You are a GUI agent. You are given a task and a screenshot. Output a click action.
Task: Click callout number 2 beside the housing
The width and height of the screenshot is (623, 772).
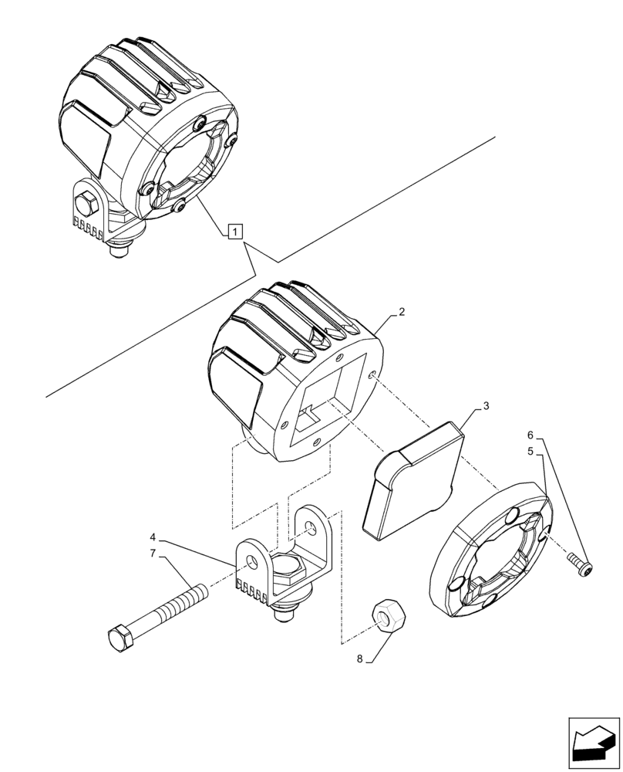pyautogui.click(x=401, y=313)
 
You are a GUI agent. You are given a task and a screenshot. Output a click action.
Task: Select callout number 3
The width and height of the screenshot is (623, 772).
pyautogui.click(x=486, y=405)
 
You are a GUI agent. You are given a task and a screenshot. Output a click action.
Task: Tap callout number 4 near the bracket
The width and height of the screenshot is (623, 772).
pyautogui.click(x=153, y=537)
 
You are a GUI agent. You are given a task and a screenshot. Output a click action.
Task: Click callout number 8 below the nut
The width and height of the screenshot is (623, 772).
pyautogui.click(x=360, y=659)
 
